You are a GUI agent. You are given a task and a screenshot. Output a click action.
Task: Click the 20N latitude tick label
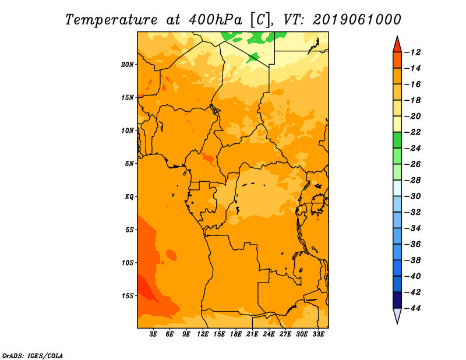tap(128, 65)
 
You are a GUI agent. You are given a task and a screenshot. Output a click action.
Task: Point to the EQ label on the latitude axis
tap(129, 197)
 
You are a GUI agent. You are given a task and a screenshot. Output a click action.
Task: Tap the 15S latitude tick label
tap(128, 296)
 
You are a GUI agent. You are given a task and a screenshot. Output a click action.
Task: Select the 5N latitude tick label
tap(129, 164)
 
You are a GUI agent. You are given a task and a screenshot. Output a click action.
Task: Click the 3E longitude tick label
tap(153, 334)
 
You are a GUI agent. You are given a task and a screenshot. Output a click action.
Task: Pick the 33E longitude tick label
tap(318, 334)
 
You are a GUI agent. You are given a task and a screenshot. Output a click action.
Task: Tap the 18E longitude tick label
tap(236, 334)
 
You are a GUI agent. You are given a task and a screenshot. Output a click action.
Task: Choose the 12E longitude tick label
tap(203, 334)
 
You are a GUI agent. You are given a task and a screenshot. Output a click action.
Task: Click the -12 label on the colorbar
tap(413, 52)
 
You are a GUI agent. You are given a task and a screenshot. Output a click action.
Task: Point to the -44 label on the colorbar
tap(413, 308)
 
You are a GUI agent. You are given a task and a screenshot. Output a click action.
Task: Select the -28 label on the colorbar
tap(413, 181)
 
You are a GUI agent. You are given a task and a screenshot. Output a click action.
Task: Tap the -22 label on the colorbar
tap(413, 132)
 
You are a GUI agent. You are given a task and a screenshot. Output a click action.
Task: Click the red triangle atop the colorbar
tap(397, 45)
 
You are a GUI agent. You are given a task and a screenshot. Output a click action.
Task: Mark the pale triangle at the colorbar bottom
tap(397, 315)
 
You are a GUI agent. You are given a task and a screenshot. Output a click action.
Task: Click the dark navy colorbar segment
tap(397, 300)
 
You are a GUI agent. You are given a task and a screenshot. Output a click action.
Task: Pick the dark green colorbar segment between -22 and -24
tap(397, 140)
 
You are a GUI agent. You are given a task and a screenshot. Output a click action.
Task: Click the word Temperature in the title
tap(111, 20)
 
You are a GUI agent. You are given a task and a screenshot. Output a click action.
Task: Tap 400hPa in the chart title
tap(215, 20)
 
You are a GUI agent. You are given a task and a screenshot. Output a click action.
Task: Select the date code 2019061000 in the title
tap(357, 20)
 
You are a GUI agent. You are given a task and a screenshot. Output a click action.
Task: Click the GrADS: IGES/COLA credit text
tap(33, 355)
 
